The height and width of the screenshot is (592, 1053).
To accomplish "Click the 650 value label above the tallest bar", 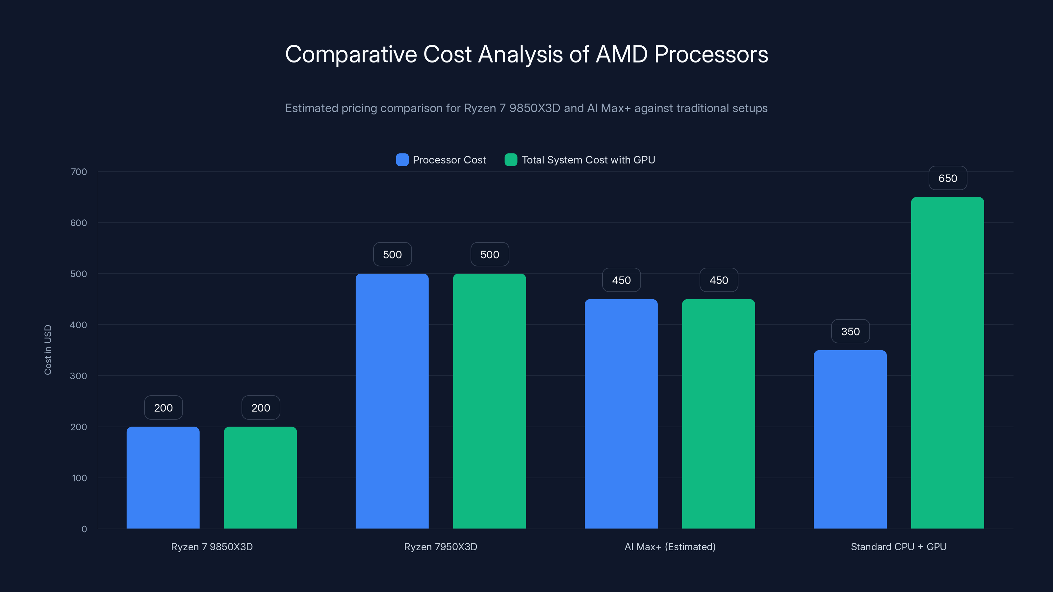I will [x=948, y=178].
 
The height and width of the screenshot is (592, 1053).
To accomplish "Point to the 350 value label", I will [x=850, y=331].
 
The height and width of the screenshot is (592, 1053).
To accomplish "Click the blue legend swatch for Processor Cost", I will [x=402, y=160].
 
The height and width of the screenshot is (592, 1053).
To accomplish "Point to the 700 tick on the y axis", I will [x=79, y=172].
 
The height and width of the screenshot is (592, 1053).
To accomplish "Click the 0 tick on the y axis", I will [x=84, y=529].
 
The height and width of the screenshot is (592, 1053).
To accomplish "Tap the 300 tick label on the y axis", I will [x=79, y=376].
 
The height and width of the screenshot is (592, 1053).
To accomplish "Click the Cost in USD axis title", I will [x=48, y=350].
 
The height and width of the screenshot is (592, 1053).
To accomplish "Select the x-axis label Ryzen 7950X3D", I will [x=440, y=547].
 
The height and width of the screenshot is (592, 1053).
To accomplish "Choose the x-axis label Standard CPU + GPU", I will [x=898, y=547].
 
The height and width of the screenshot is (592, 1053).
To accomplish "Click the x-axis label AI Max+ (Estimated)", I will [x=670, y=547].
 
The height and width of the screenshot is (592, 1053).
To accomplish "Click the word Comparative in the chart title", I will [x=351, y=54].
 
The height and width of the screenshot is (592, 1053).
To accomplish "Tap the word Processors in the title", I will [x=711, y=54].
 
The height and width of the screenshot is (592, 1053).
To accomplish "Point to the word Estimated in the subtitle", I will [x=311, y=108].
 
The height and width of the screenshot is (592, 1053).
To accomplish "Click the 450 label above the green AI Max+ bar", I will [x=719, y=280].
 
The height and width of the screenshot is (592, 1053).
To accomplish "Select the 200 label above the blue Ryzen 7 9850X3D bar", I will [x=163, y=408].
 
